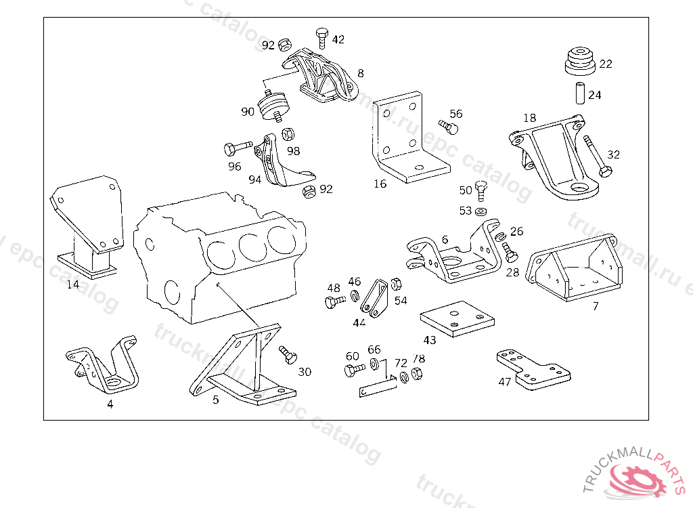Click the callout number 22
(x=606, y=64)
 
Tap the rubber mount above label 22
(x=579, y=59)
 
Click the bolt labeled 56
(x=449, y=126)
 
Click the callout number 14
(x=73, y=284)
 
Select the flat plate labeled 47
(x=535, y=370)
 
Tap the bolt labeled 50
(x=481, y=190)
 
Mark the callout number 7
(x=595, y=306)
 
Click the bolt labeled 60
(x=351, y=370)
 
